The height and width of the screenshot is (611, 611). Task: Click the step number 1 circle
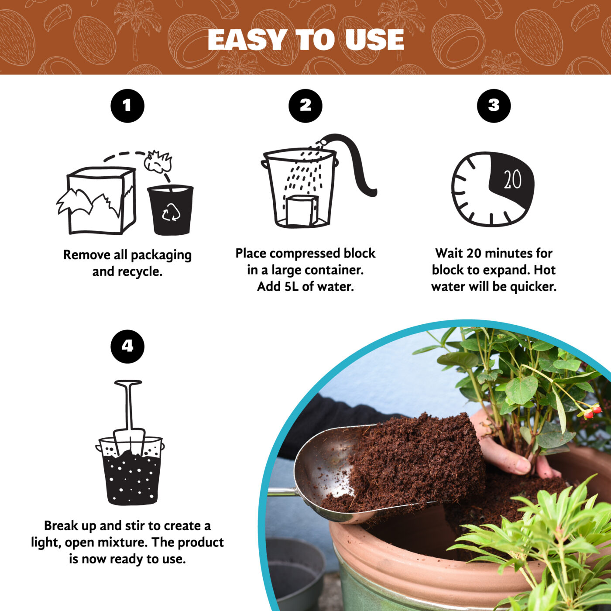click(127, 106)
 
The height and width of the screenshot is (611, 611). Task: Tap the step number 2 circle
click(305, 106)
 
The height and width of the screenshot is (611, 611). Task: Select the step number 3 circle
click(494, 106)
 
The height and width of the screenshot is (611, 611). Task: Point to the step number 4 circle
click(127, 346)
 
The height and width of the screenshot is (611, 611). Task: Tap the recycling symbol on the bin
click(171, 213)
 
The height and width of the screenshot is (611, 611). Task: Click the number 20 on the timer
click(512, 179)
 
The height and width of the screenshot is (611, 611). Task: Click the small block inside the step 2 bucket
click(301, 210)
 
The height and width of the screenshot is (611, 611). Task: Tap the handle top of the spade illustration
click(128, 383)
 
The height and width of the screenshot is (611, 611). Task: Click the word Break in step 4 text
click(62, 526)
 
